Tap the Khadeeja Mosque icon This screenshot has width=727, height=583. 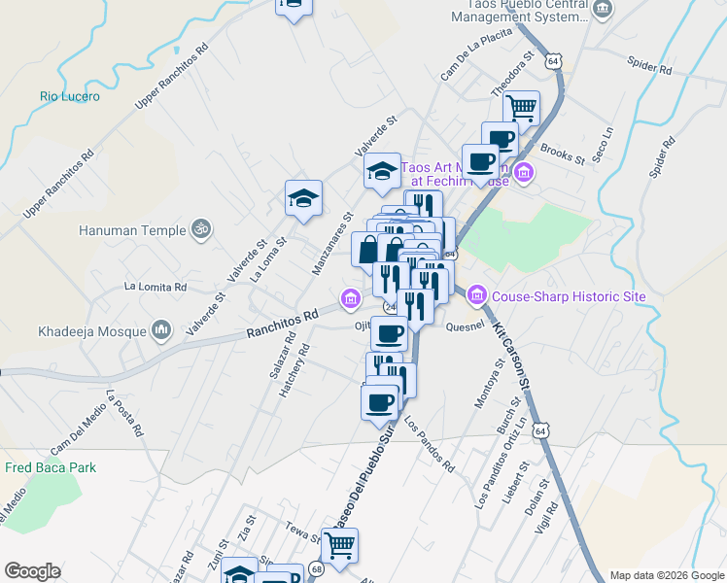(161, 331)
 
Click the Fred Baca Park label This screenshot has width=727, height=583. (51, 467)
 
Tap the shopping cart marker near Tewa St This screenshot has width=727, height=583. (339, 546)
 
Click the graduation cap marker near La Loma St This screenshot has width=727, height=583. (303, 198)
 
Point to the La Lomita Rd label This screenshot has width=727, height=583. (155, 287)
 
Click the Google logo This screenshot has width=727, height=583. (32, 571)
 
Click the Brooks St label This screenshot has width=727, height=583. (562, 154)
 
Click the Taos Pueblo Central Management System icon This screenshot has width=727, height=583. (603, 10)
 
